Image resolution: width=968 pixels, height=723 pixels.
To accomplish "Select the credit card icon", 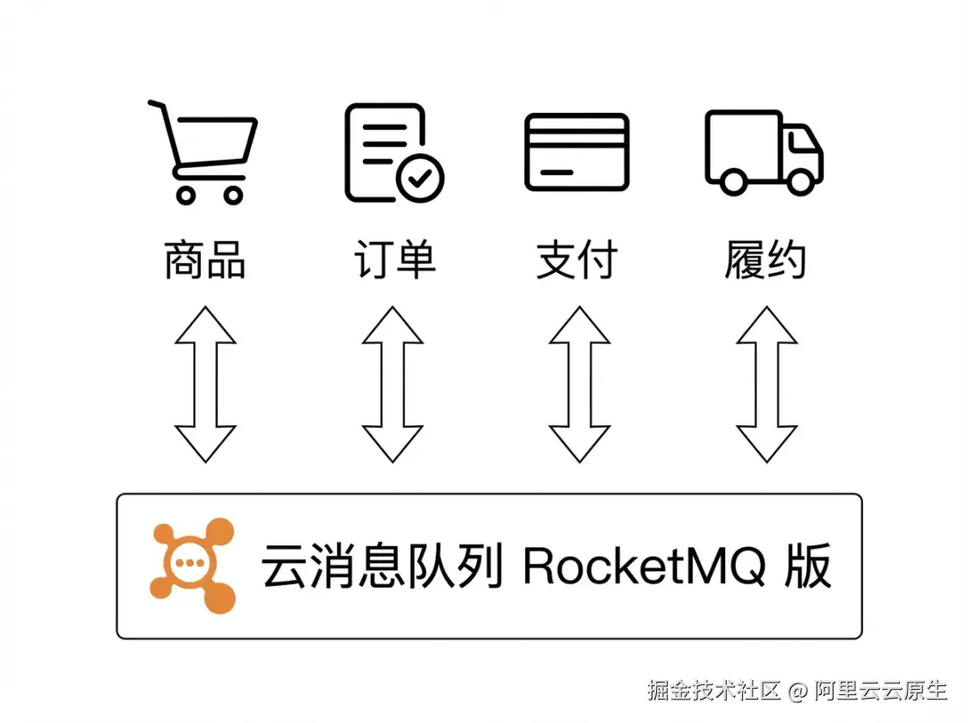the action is tap(576, 152).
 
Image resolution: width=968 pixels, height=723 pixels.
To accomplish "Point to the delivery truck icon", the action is tap(764, 152).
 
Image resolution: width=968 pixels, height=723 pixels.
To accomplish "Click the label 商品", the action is tap(205, 260).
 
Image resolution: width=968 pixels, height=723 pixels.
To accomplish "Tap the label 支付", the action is tap(577, 260).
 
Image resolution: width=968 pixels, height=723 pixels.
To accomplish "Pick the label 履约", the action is tap(765, 260).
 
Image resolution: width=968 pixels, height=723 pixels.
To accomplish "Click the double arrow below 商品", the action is tap(205, 384).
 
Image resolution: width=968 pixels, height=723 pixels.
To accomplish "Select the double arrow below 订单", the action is tap(393, 384).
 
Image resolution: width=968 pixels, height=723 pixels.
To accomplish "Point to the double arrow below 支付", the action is tap(580, 384).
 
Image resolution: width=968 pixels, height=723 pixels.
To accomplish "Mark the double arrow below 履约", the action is tap(766, 384).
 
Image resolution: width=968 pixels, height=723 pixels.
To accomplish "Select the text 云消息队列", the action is tap(382, 566).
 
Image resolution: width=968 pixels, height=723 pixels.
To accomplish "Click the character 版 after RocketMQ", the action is tap(808, 566).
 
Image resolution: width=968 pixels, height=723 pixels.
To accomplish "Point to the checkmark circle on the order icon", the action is tap(419, 179).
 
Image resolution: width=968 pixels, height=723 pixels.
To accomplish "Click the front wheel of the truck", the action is tap(801, 182).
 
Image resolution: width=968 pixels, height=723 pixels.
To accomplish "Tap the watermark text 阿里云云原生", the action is tap(881, 690).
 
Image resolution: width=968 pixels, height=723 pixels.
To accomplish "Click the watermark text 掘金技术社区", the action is tap(714, 690).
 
